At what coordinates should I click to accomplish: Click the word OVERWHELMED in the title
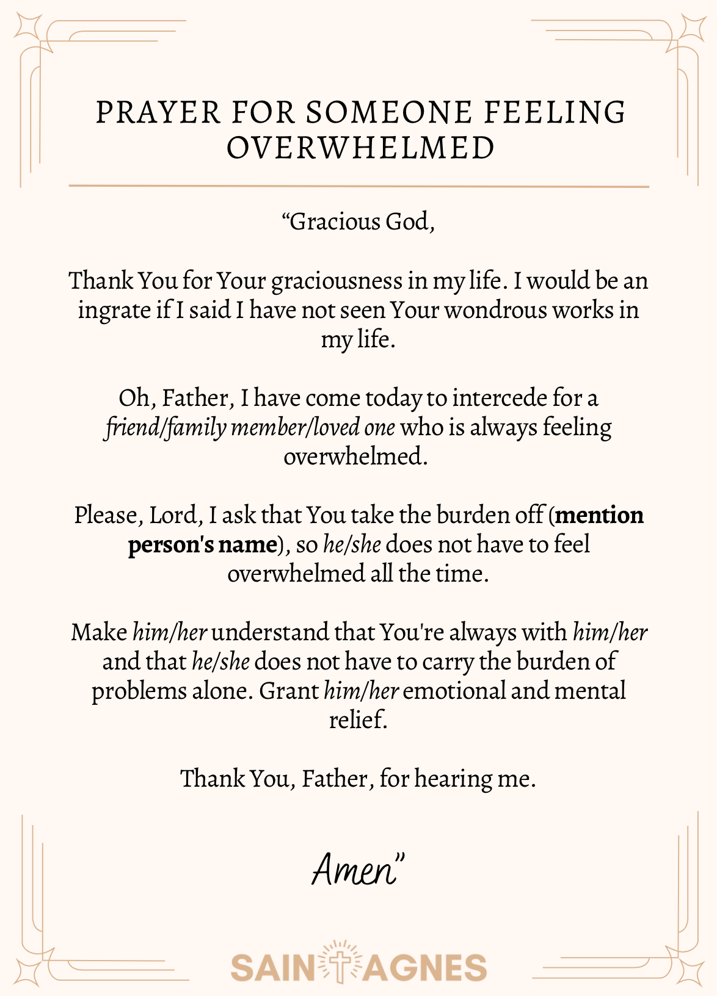tap(360, 148)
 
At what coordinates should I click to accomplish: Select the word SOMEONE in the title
tap(389, 113)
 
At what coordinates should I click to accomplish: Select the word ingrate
tap(114, 311)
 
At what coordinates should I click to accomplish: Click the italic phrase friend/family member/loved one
tap(250, 427)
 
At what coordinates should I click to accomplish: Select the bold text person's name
tap(203, 544)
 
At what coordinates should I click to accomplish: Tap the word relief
tap(358, 720)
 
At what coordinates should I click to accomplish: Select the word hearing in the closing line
tap(453, 779)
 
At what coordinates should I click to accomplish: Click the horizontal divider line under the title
tap(358, 186)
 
